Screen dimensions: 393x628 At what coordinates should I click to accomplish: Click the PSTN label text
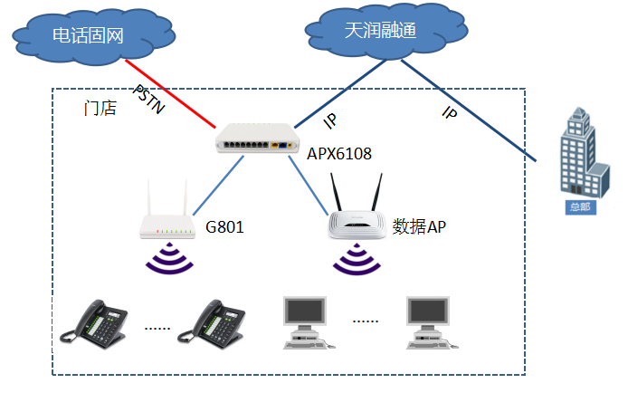pos(149,100)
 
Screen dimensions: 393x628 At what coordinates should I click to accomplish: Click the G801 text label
pos(225,224)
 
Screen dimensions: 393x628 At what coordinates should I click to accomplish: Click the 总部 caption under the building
pos(576,206)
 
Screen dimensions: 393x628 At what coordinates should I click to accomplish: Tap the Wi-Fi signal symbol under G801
pos(169,259)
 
